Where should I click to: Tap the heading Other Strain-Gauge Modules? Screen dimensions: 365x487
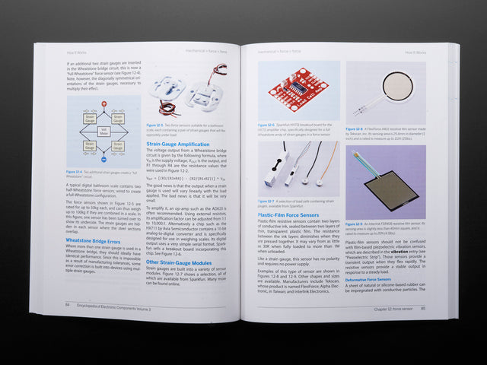click(x=179, y=262)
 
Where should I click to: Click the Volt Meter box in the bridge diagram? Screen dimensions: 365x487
click(x=103, y=132)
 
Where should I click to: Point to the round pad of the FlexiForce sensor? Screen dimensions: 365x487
click(x=397, y=87)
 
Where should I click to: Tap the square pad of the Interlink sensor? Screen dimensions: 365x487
click(x=391, y=188)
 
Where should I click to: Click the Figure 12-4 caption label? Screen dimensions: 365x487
click(x=74, y=172)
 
